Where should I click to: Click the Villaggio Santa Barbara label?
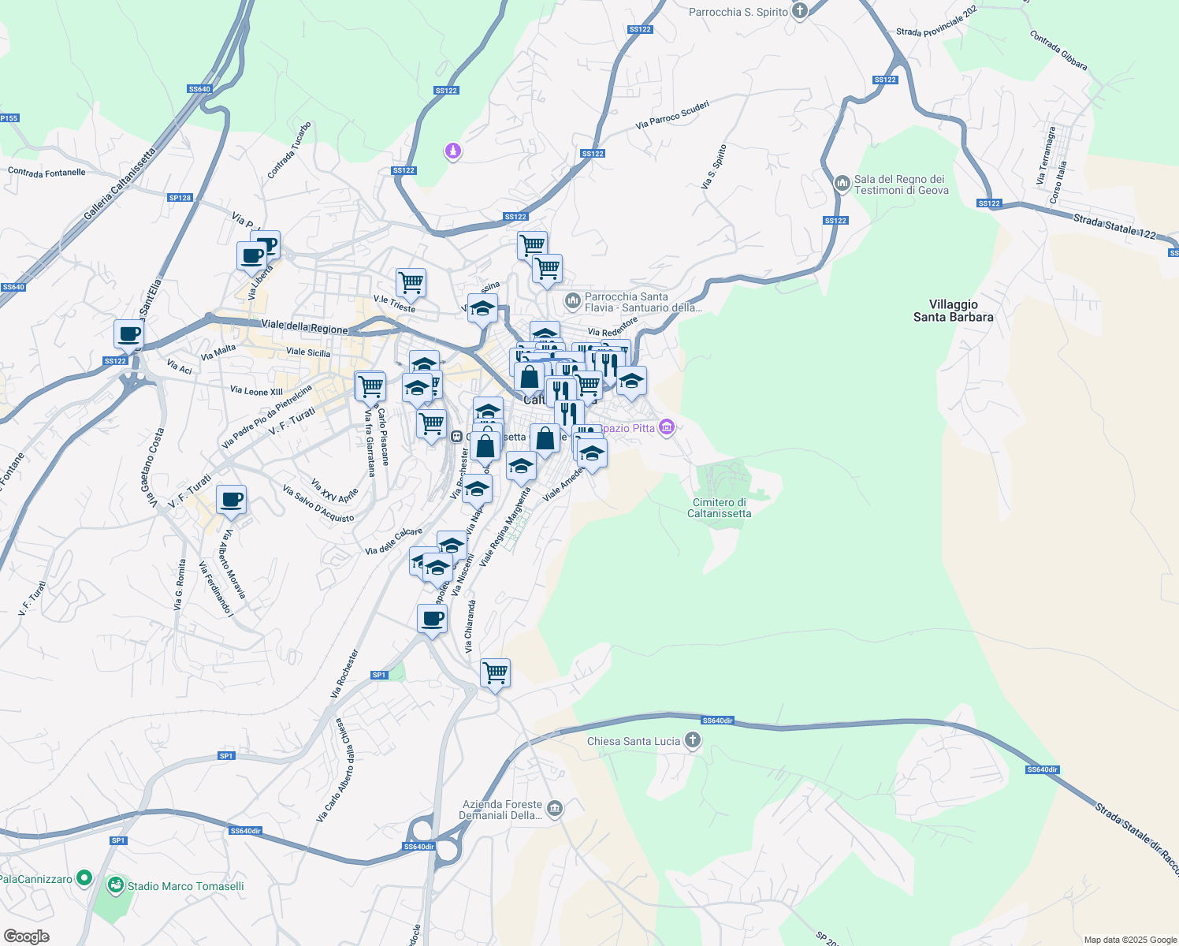tap(953, 311)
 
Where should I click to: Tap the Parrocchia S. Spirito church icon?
tap(800, 11)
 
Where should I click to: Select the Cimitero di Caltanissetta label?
tap(719, 508)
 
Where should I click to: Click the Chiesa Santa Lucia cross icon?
tap(692, 740)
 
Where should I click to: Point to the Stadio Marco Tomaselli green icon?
tap(116, 885)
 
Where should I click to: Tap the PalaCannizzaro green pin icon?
tap(84, 877)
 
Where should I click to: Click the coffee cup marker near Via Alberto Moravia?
tap(231, 500)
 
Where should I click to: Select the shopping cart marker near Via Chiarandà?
tap(495, 674)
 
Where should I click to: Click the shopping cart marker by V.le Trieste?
tap(411, 282)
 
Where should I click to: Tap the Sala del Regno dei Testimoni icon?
tap(842, 183)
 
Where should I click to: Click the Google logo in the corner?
tap(26, 936)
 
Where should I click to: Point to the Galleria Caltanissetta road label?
tap(120, 183)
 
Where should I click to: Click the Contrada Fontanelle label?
tap(46, 172)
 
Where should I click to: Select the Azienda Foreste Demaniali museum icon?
tap(555, 808)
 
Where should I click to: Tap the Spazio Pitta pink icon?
tap(667, 427)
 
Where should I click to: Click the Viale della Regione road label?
tap(304, 327)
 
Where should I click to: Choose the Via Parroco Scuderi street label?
tap(672, 115)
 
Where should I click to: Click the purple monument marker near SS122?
tap(452, 150)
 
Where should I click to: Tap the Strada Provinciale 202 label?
tap(936, 21)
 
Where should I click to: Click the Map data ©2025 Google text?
tap(1129, 940)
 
